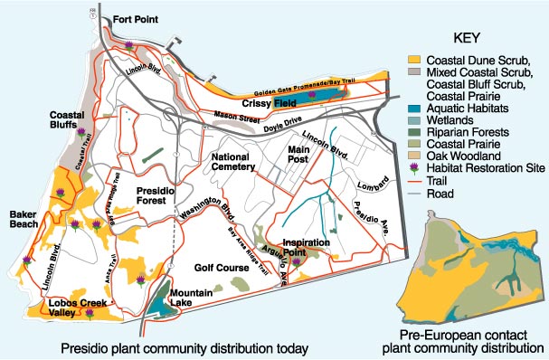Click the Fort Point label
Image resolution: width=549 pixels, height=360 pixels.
138,19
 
